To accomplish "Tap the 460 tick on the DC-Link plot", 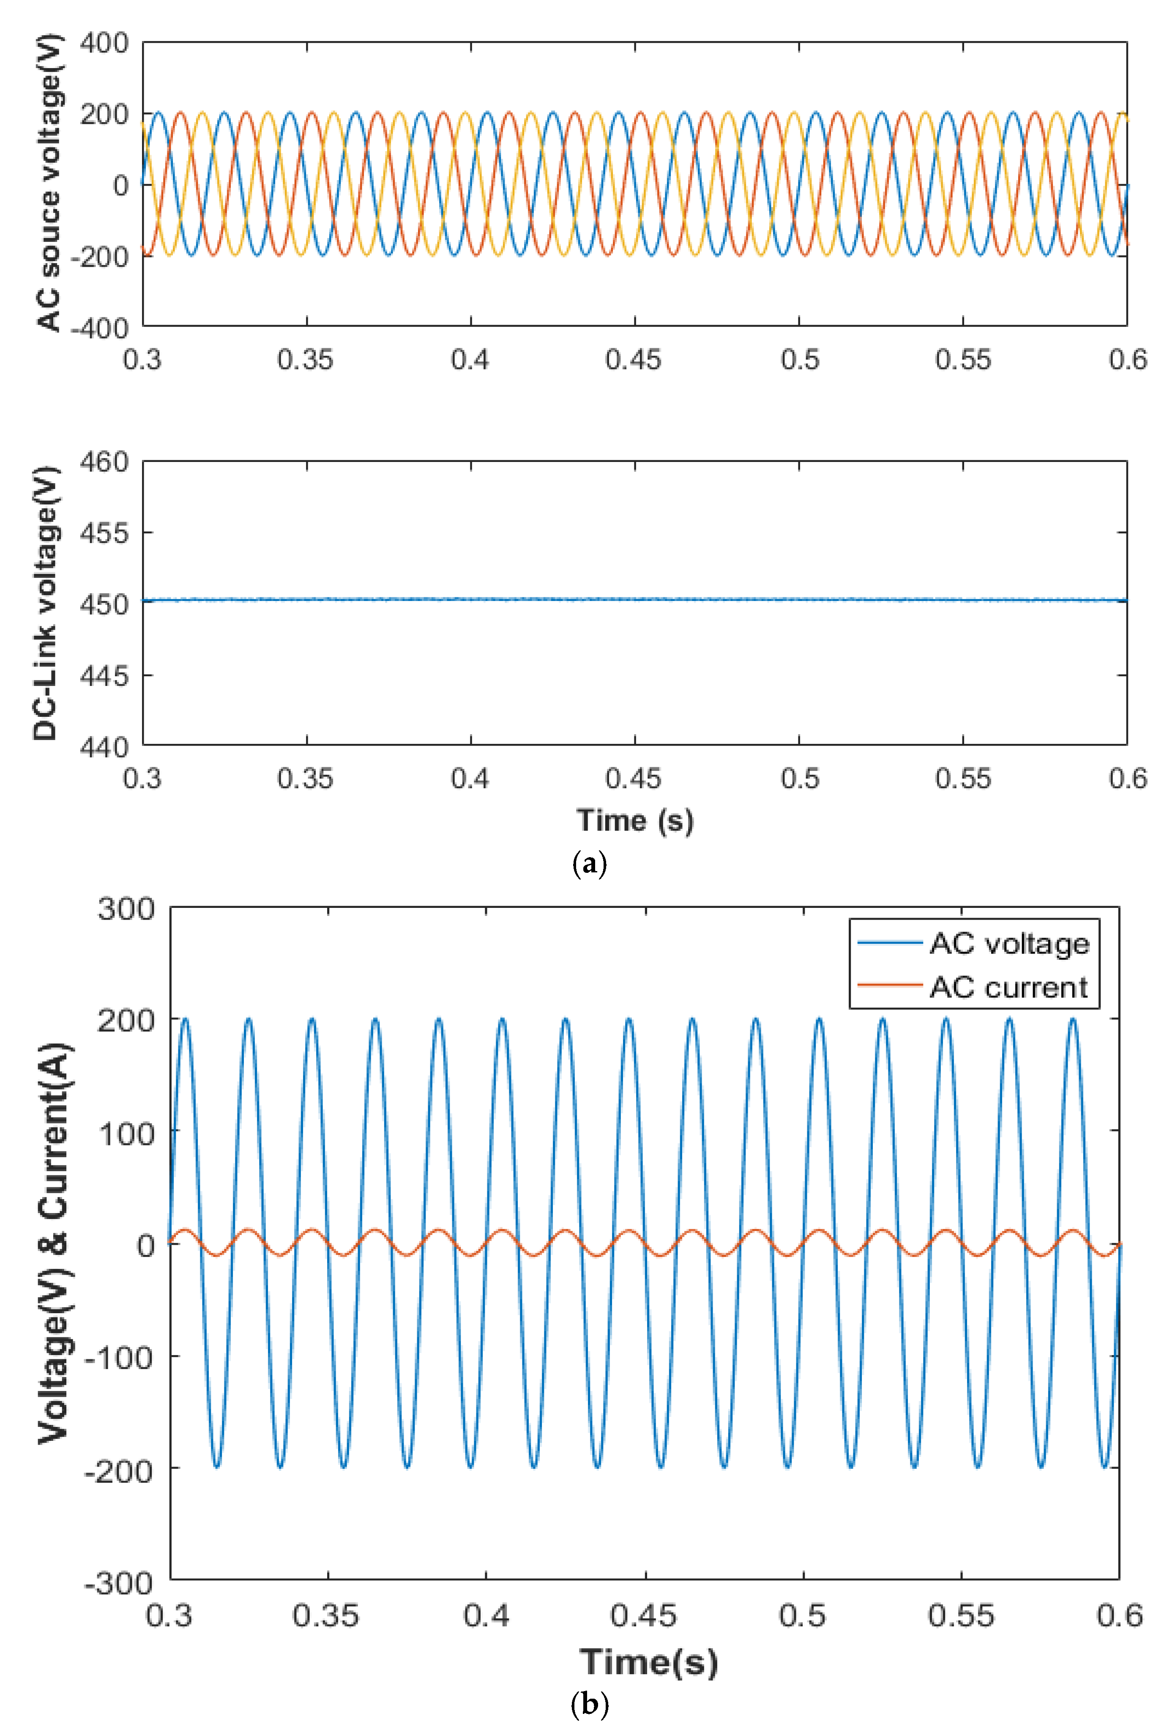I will pyautogui.click(x=104, y=462).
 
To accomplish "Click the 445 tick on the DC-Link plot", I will pyautogui.click(x=104, y=675).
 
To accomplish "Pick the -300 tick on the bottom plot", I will pyautogui.click(x=119, y=1584).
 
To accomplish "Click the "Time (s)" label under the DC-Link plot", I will pyautogui.click(x=635, y=820).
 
